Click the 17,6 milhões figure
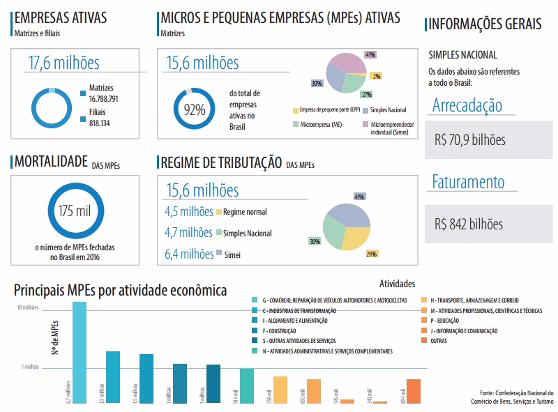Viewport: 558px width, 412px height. pos(64,63)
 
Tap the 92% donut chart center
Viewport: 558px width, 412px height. pos(194,109)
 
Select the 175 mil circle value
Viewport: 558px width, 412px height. pos(75,211)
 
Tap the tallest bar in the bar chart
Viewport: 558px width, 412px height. pos(80,352)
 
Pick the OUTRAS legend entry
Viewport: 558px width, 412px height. pos(438,341)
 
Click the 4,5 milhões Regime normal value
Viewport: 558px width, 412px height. pos(188,211)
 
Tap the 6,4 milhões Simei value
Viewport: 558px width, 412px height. pos(189,254)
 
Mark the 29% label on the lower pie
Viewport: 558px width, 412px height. pos(372,254)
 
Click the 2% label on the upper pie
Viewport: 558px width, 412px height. pos(377,76)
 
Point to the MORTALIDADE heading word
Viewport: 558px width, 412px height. pos(50,162)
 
